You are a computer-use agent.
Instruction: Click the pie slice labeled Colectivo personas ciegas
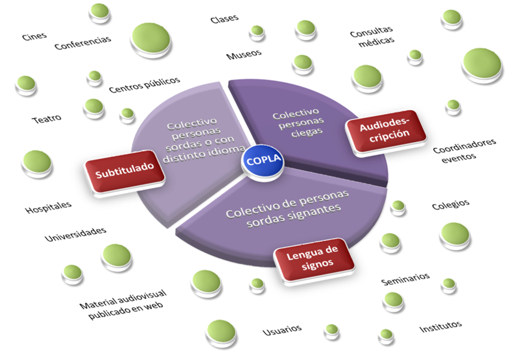click(299, 123)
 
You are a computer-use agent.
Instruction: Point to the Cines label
click(34, 36)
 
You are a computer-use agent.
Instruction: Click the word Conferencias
click(83, 42)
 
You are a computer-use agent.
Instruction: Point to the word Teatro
click(46, 118)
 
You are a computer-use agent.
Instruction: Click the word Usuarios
click(282, 330)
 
